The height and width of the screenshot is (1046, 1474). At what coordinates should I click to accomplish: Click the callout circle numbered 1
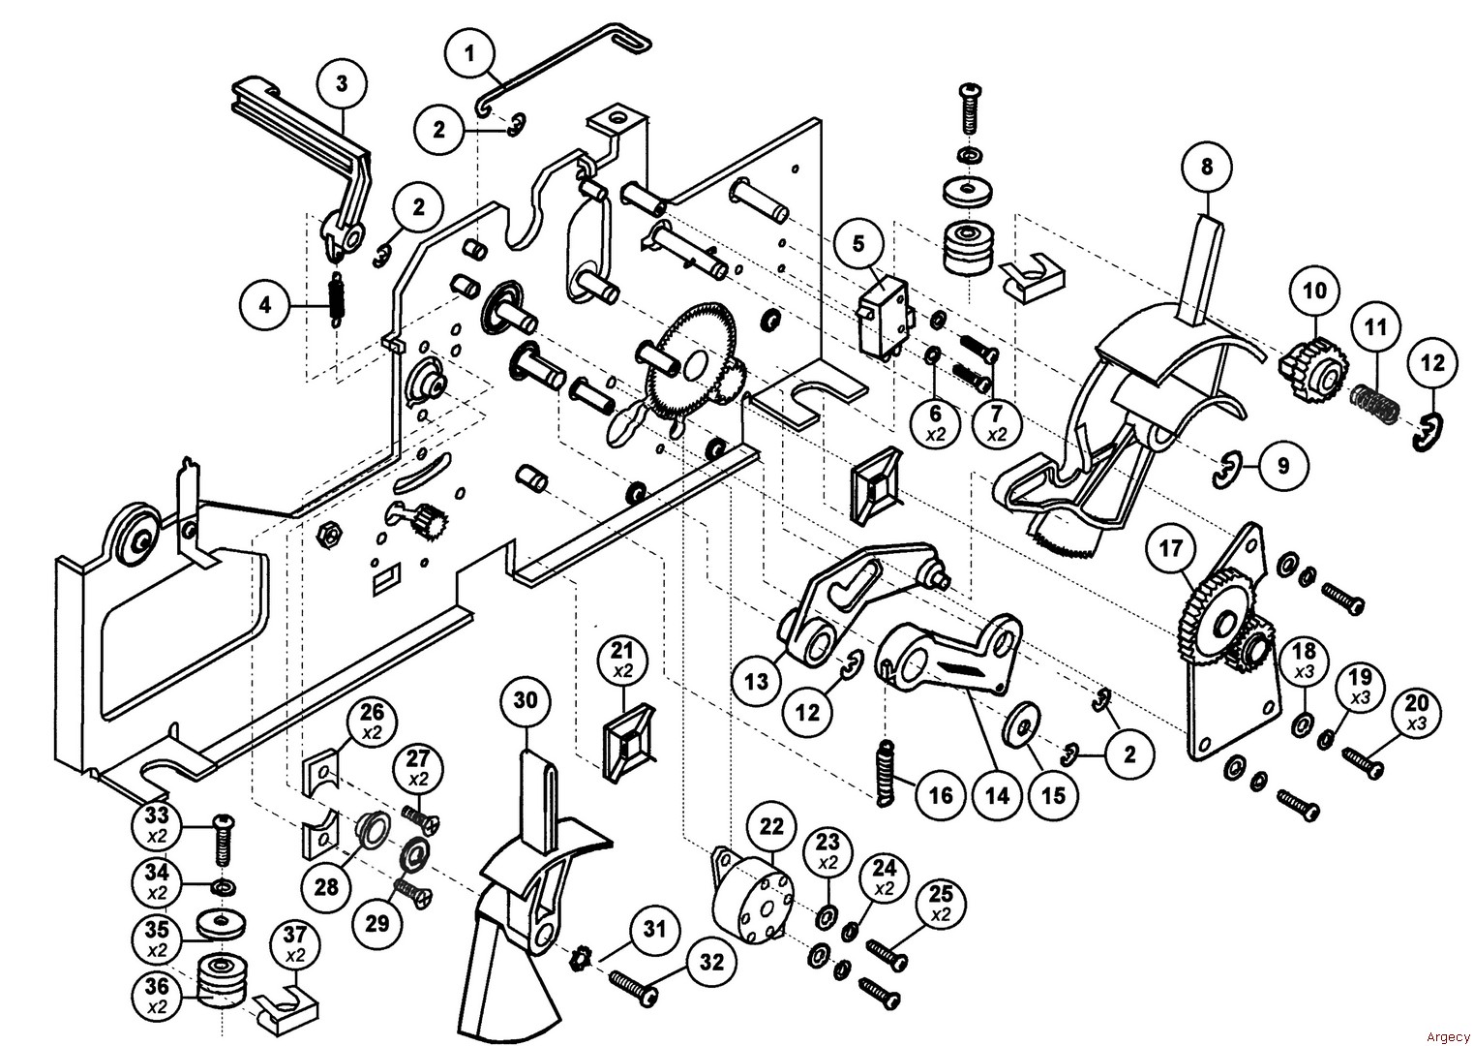pos(470,54)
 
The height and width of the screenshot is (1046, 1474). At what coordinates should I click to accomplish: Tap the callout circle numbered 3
pos(342,84)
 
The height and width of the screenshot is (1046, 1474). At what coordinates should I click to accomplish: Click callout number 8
pos(1206,167)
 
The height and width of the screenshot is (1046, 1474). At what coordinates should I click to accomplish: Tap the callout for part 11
pos(1375,327)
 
